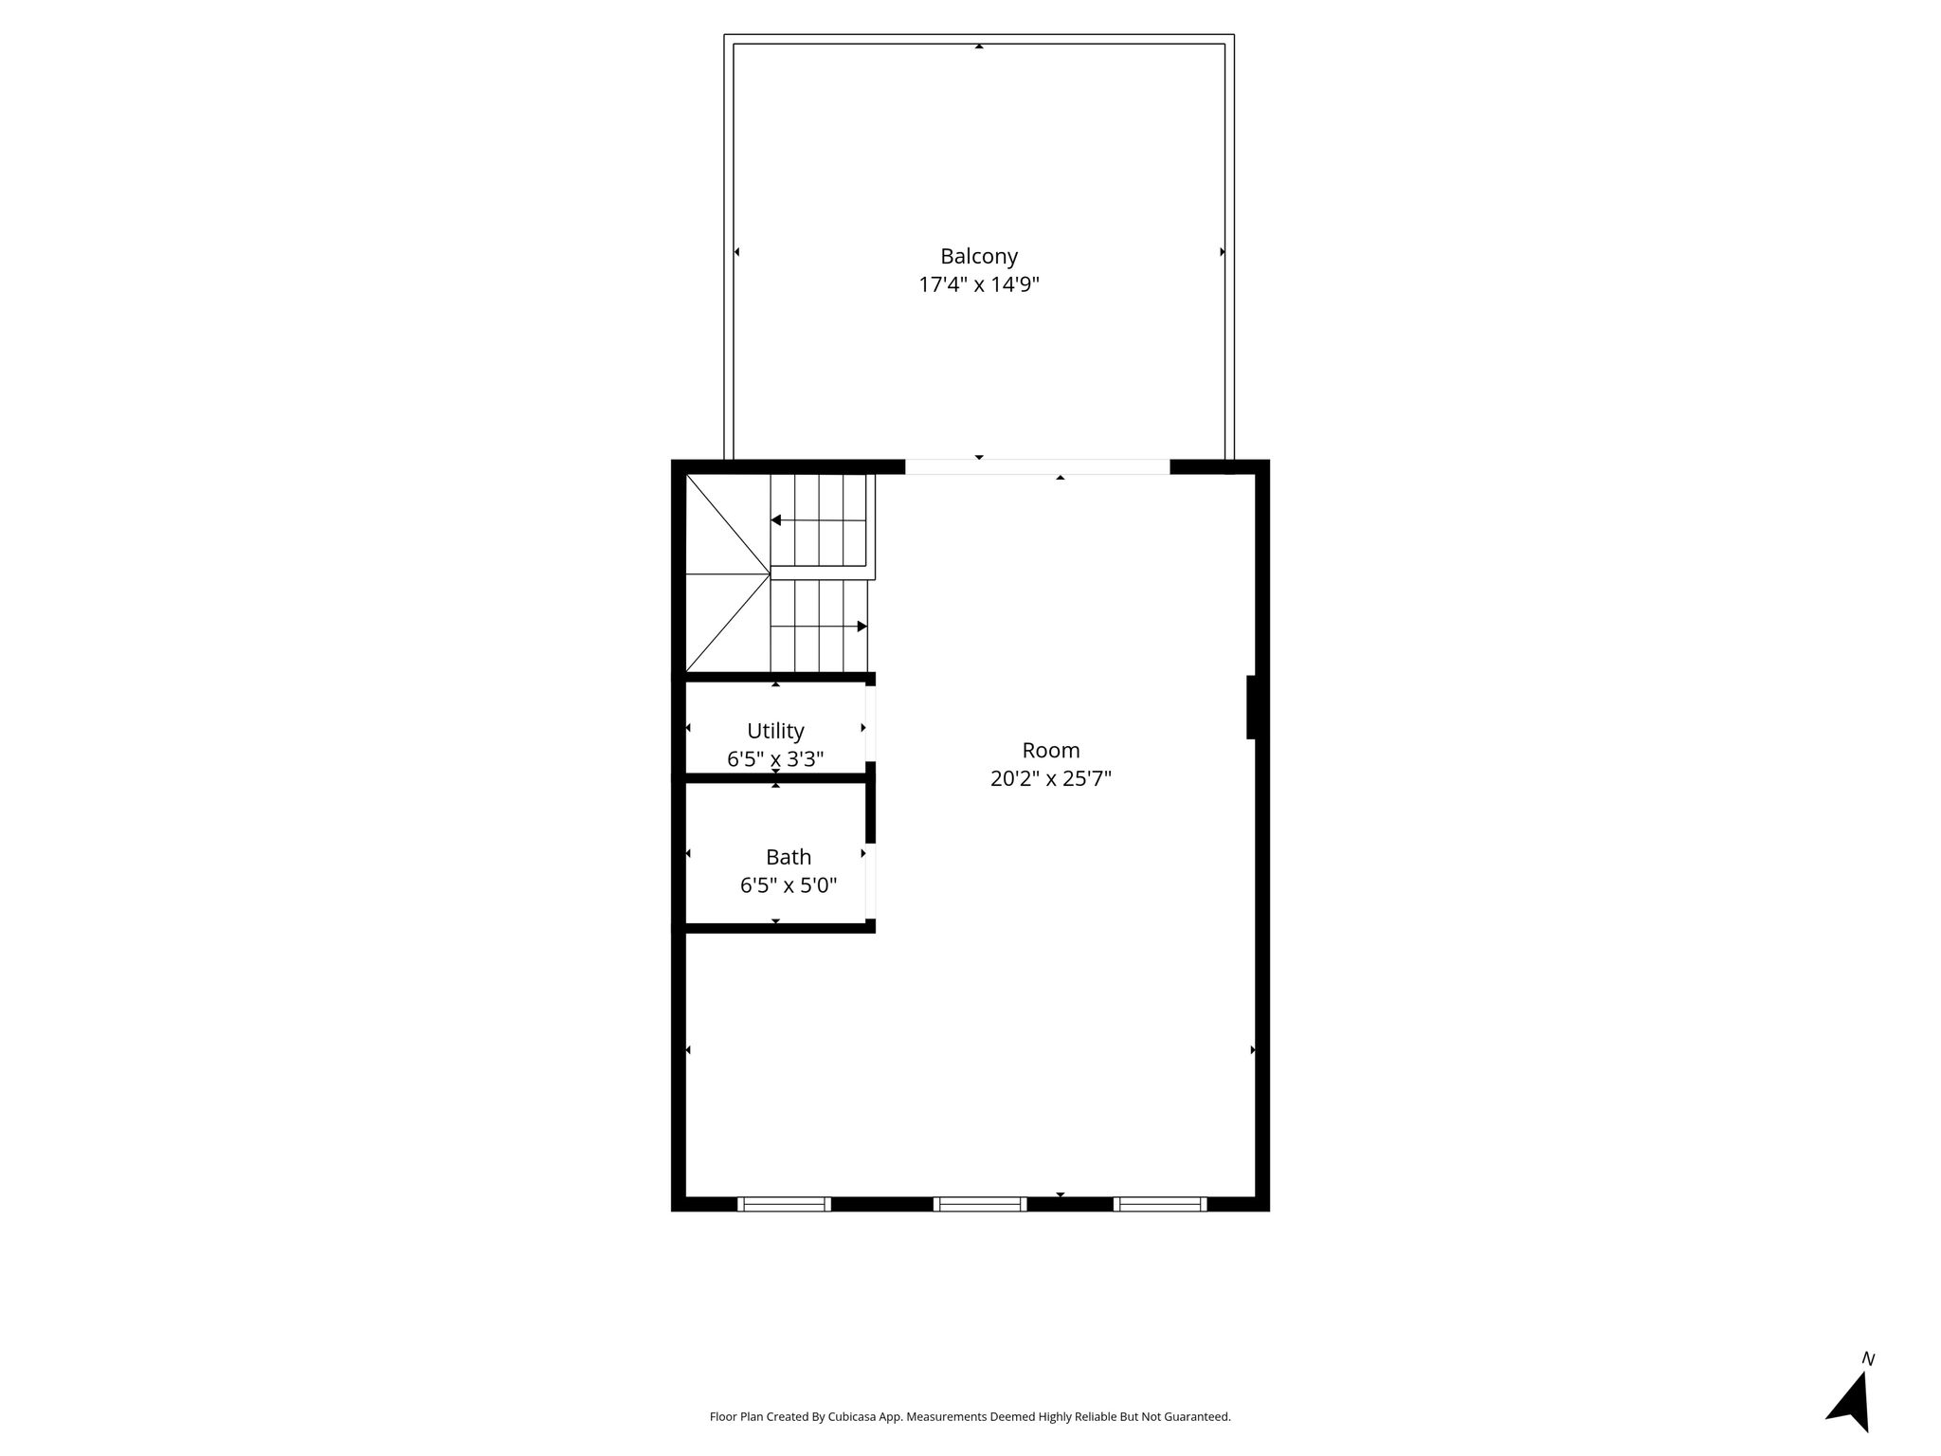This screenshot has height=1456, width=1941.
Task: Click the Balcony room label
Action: (x=979, y=256)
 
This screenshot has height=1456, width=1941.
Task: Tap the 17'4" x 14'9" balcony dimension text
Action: (x=979, y=284)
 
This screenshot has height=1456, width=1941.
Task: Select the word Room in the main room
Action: (x=1051, y=750)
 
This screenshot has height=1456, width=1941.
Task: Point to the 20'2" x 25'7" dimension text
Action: (x=1051, y=778)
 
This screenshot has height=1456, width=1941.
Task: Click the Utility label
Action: (x=775, y=731)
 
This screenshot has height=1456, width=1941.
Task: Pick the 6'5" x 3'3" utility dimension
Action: (x=775, y=758)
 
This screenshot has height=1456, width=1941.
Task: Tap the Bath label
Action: (x=789, y=857)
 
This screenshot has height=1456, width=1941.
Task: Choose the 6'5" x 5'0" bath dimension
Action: (x=789, y=885)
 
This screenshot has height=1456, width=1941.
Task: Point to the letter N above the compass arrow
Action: (x=1868, y=1358)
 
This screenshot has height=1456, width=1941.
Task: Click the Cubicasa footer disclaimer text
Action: (x=970, y=1417)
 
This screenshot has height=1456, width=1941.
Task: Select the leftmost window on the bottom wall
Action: (x=784, y=1204)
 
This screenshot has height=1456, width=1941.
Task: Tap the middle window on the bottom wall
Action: (x=980, y=1204)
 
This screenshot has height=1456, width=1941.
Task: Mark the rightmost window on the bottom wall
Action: (x=1160, y=1204)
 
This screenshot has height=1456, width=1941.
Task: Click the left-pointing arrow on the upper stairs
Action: (x=819, y=520)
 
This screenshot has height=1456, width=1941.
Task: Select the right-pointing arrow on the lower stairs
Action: (x=819, y=627)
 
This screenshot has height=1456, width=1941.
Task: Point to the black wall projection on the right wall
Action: (x=1251, y=707)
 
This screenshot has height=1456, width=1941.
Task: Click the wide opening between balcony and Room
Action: (x=1038, y=466)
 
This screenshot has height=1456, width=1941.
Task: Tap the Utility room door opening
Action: (x=870, y=723)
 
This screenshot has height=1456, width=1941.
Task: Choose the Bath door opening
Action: (x=870, y=881)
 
